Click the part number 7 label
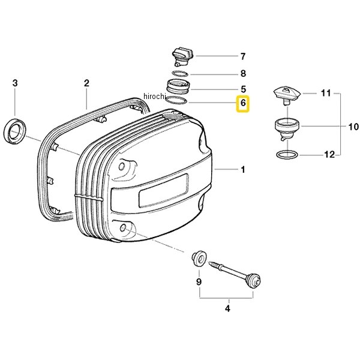tap(243, 56)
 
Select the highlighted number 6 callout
tap(243, 103)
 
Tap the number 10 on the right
tap(353, 127)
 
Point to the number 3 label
tap(15, 83)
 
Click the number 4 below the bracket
tap(227, 308)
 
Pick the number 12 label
tap(329, 155)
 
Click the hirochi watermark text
tap(154, 96)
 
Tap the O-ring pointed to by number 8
tap(180, 74)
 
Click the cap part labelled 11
tap(287, 95)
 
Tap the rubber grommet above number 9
tap(199, 259)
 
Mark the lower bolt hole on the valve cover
tap(123, 227)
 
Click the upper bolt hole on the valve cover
tap(122, 166)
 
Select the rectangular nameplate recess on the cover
tap(164, 190)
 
